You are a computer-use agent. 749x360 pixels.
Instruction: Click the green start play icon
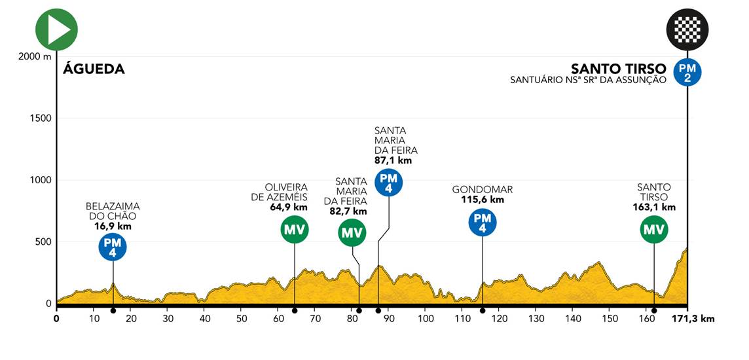coord(57,29)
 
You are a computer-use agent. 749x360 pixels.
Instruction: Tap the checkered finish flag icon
coord(687,29)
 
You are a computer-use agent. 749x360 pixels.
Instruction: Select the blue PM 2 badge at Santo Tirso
coord(687,73)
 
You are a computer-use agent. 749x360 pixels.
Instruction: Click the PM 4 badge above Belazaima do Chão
coord(113,247)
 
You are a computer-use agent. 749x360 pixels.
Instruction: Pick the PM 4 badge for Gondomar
coord(483,223)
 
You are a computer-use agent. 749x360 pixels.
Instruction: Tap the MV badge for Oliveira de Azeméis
coord(295,229)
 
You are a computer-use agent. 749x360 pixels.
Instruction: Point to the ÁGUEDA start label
coord(94,69)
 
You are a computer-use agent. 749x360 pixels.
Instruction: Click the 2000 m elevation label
coord(35,57)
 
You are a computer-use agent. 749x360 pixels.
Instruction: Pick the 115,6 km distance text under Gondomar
coord(483,200)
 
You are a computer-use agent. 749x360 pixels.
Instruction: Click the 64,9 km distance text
coord(287,207)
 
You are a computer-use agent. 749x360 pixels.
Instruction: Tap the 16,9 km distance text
coord(113,226)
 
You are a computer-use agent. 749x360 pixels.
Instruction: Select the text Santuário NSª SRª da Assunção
coord(589,81)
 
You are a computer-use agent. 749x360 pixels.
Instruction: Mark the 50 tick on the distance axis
coord(241,319)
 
